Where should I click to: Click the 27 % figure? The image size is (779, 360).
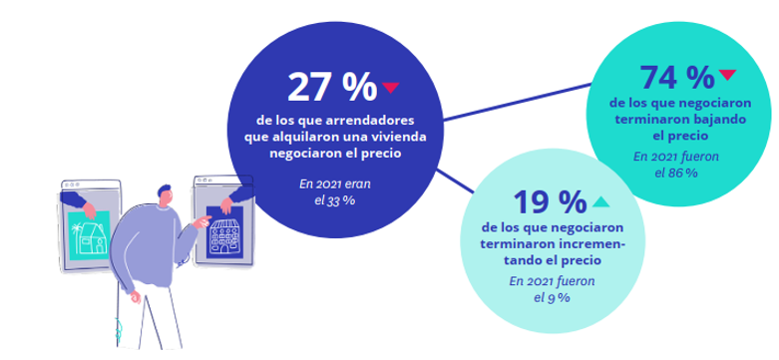tap(330, 88)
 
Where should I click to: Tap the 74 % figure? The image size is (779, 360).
tap(676, 76)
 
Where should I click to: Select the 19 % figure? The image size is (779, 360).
tap(548, 202)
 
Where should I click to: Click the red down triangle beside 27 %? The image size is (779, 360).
tap(390, 88)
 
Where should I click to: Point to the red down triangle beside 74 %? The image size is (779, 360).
tap(727, 74)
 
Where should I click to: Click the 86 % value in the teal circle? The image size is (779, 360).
tap(681, 172)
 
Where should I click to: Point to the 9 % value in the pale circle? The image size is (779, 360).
tap(564, 297)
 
